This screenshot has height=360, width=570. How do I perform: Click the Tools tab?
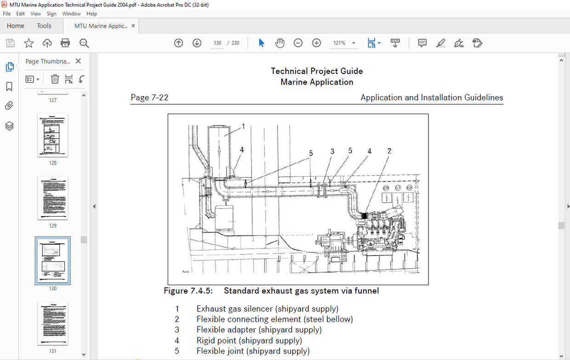click(x=44, y=26)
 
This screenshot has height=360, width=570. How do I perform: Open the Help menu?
click(x=91, y=14)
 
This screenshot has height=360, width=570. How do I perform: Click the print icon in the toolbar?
click(x=65, y=43)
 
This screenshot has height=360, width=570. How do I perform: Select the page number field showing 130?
click(x=217, y=43)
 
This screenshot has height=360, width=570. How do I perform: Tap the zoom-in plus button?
click(x=316, y=43)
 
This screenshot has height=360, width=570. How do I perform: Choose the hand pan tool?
click(x=280, y=43)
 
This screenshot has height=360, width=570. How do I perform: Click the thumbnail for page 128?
click(x=53, y=136)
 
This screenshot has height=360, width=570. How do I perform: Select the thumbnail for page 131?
click(x=53, y=324)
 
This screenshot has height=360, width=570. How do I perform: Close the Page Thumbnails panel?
click(x=78, y=61)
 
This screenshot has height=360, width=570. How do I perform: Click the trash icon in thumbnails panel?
click(x=55, y=79)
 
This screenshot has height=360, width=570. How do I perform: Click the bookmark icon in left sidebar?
click(x=9, y=86)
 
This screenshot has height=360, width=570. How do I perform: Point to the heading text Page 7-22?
click(x=149, y=97)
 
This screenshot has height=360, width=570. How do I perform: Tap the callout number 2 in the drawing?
click(x=389, y=151)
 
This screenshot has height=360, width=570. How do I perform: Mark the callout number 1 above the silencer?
click(x=243, y=126)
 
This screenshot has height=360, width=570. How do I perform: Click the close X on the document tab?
click(x=133, y=26)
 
